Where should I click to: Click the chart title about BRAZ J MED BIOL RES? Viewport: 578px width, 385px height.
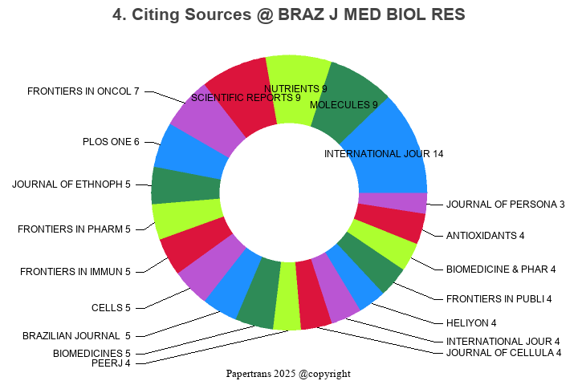[289, 15]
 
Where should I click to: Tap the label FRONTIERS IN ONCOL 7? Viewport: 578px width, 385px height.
[83, 91]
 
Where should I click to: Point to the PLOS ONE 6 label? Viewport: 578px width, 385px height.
[111, 142]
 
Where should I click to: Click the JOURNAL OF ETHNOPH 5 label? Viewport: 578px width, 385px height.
[71, 184]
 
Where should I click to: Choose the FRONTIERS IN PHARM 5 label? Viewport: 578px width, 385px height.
[74, 229]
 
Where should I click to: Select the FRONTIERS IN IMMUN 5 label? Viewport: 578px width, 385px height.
[75, 272]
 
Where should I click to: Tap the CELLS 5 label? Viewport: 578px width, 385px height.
[111, 307]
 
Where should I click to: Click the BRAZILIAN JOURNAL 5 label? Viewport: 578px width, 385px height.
[76, 335]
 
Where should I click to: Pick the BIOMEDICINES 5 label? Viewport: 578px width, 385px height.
[92, 353]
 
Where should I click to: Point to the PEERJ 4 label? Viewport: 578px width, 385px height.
[111, 363]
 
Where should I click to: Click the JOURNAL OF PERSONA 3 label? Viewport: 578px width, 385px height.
[506, 205]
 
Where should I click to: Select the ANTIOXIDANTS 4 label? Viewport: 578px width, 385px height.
[485, 236]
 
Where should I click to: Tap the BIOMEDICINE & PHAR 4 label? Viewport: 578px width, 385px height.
[501, 269]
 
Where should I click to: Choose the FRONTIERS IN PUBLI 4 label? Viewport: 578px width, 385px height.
[499, 299]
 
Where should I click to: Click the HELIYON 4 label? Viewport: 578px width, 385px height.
[470, 323]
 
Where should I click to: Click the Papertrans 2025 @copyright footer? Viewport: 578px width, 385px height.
[288, 374]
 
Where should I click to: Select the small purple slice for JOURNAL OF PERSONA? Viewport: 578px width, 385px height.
[392, 203]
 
